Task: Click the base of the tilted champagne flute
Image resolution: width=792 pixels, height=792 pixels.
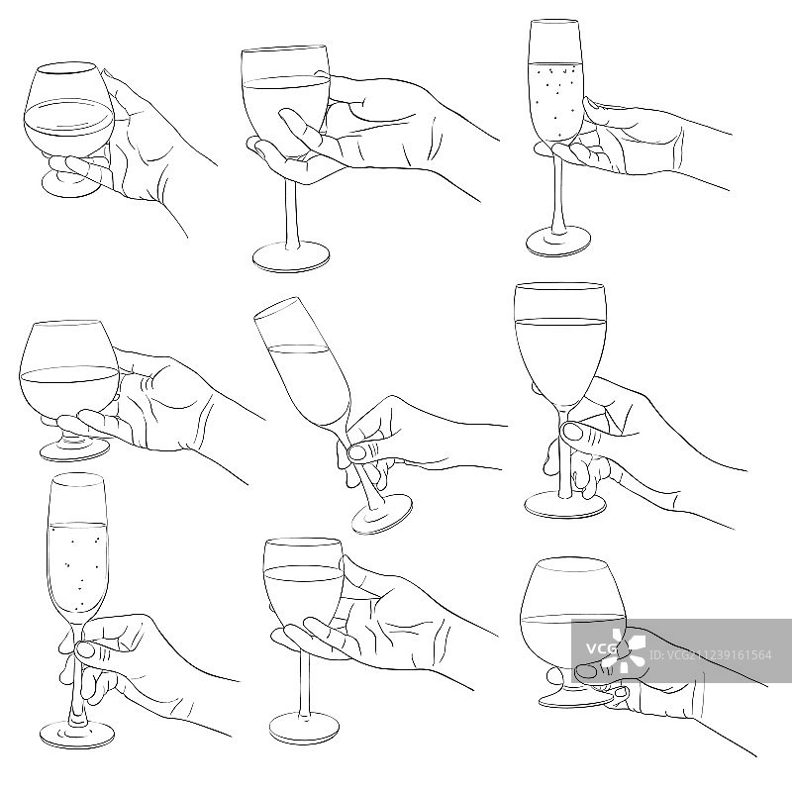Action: click(x=382, y=514)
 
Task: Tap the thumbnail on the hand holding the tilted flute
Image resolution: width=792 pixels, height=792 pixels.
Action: click(x=358, y=452)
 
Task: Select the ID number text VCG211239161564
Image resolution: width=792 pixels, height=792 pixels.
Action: click(x=711, y=655)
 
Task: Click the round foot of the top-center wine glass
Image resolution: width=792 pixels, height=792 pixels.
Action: click(x=291, y=257)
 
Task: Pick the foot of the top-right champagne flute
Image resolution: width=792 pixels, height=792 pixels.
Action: click(x=558, y=242)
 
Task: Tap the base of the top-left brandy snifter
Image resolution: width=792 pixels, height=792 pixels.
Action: click(x=70, y=184)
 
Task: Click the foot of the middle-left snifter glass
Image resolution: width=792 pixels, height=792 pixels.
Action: click(x=74, y=449)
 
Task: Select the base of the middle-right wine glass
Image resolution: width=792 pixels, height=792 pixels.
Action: click(x=564, y=504)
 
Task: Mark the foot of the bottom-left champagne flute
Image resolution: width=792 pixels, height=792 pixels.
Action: click(x=77, y=733)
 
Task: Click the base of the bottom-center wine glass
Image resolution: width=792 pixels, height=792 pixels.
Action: click(x=304, y=728)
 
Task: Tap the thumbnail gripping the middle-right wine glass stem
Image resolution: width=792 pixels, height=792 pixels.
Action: click(x=572, y=432)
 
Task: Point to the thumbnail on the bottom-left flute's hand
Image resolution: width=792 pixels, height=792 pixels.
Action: click(x=85, y=649)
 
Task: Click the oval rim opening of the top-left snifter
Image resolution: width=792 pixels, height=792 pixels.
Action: click(x=67, y=69)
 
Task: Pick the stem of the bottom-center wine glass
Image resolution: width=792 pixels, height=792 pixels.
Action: click(x=304, y=683)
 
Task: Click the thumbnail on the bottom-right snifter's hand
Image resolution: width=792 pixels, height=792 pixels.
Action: click(x=586, y=671)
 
